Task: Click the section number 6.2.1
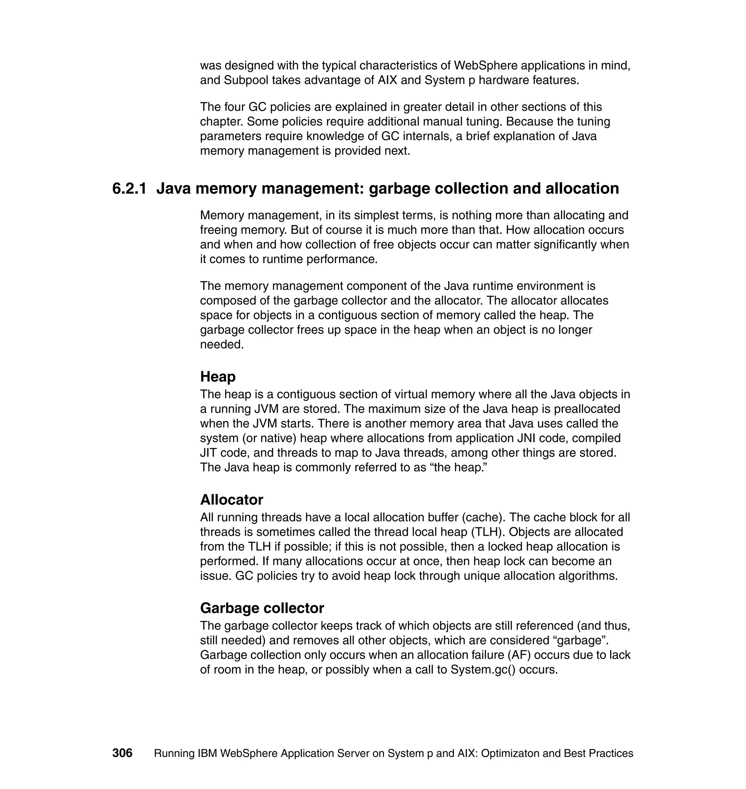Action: point(129,188)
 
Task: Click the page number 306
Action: point(122,753)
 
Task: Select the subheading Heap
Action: point(217,376)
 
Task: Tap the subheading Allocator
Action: point(231,499)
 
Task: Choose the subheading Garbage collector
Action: point(262,608)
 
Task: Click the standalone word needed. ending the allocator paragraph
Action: point(221,344)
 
